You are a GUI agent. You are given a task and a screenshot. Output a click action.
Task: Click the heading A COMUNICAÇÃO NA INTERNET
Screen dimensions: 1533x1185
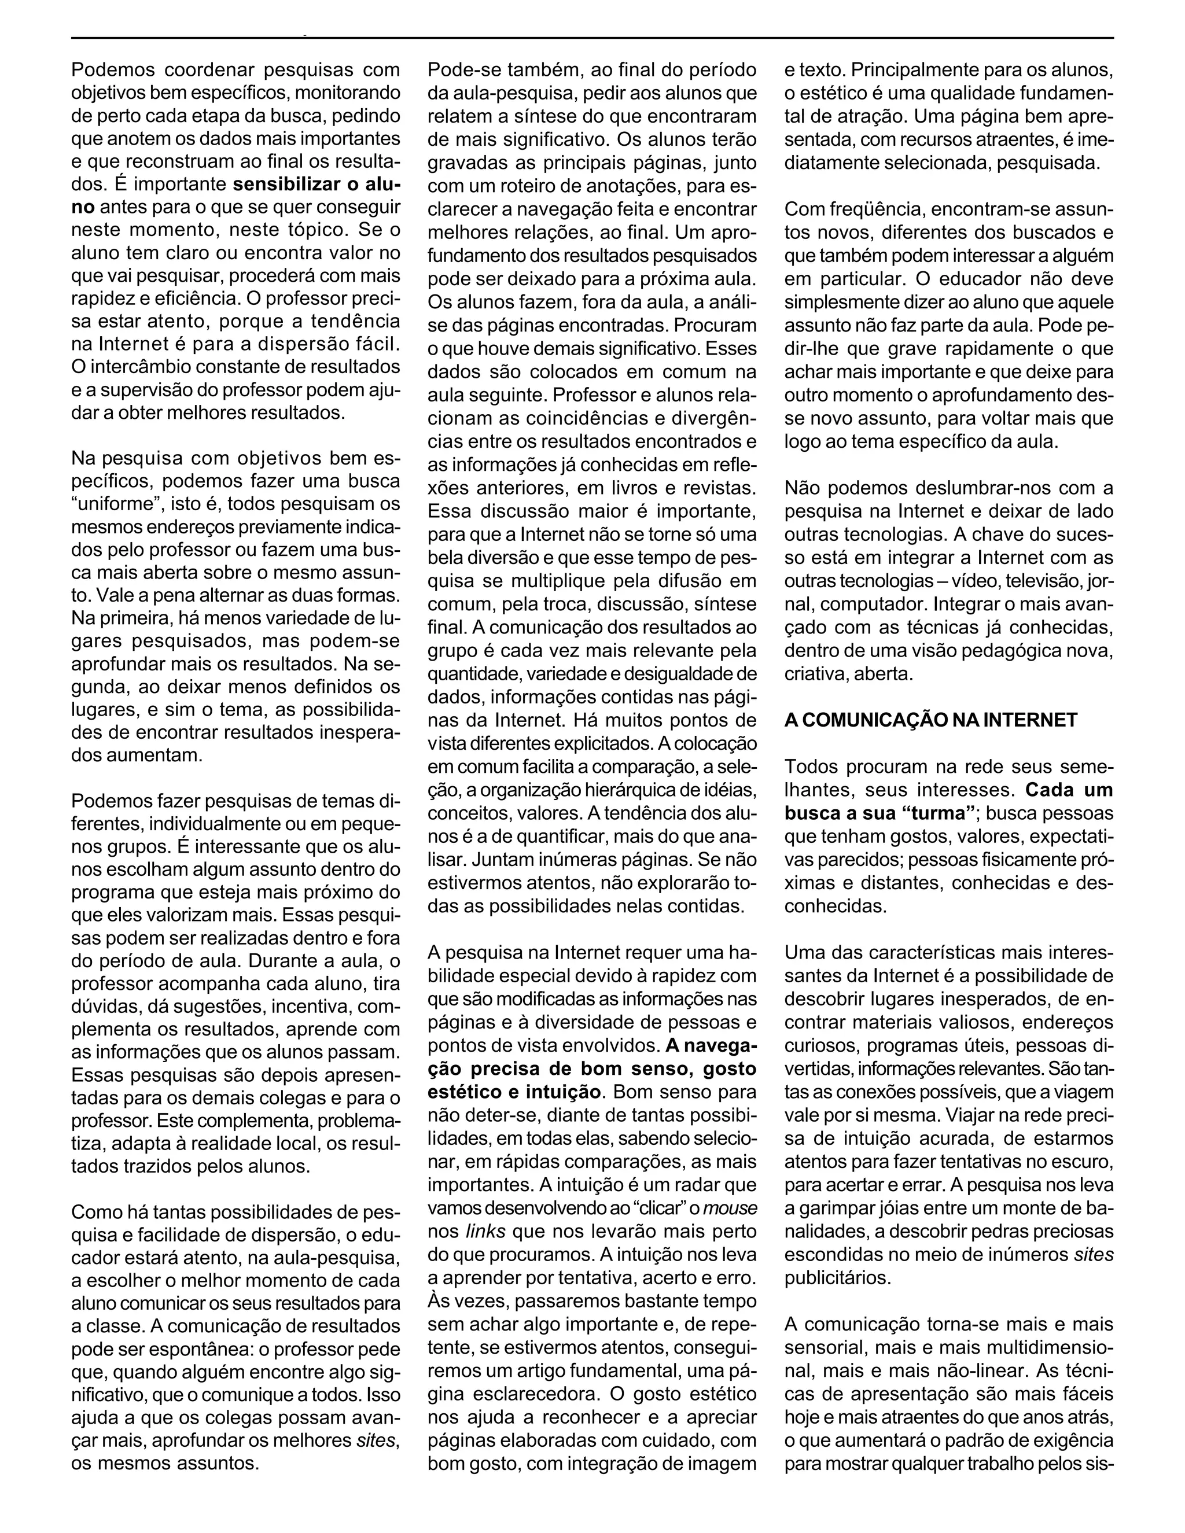pos(930,720)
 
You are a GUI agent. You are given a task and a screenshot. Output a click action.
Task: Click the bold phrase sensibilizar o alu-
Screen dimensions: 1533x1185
pos(317,185)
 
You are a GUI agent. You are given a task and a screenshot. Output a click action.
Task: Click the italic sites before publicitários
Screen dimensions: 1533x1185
pos(1094,1254)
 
